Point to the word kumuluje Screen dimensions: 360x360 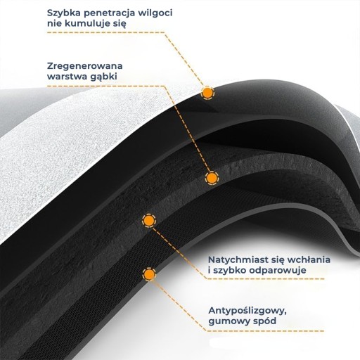(x=86, y=23)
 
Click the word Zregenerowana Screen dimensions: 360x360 (x=85, y=66)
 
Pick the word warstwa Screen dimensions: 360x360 (x=66, y=77)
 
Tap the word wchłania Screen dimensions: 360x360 (x=309, y=259)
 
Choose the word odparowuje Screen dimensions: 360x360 (x=278, y=271)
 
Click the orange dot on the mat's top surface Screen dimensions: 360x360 (x=207, y=93)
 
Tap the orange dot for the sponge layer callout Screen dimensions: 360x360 (x=212, y=178)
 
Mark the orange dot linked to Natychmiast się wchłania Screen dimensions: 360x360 (x=149, y=220)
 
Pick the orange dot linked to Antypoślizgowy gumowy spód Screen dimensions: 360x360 (x=149, y=274)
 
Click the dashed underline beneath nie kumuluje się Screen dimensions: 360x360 (x=105, y=32)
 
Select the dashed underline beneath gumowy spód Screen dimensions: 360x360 (x=266, y=331)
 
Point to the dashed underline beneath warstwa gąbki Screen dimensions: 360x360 (x=105, y=86)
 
